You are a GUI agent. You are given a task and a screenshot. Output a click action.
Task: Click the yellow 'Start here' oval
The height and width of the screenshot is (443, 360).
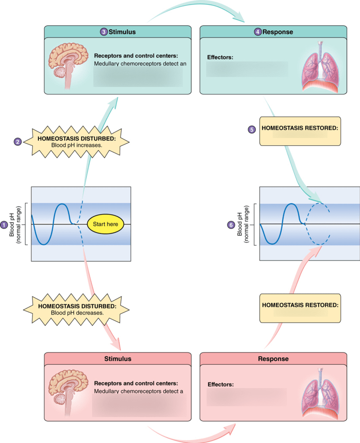coord(105,224)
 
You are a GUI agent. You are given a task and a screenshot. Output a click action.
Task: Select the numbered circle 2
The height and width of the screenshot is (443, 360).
coord(18,141)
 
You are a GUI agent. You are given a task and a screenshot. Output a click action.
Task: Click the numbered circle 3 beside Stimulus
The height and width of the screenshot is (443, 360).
coord(104,32)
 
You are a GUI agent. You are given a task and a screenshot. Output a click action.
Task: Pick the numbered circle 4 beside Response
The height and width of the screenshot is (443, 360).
coord(258,32)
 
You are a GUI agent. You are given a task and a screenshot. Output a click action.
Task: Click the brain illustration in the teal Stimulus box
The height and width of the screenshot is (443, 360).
coord(66,65)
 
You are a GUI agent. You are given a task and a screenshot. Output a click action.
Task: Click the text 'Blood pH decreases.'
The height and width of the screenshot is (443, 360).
coord(77,312)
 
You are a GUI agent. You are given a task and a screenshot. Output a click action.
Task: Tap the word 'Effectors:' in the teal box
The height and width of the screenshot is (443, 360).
coord(220,57)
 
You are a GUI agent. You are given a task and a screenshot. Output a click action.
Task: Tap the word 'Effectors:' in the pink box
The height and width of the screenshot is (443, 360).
coord(220,384)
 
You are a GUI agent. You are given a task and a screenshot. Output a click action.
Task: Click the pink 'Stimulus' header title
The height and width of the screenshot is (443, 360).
coord(118,359)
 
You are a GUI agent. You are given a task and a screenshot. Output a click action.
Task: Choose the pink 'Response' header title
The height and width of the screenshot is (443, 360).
coord(273,359)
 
